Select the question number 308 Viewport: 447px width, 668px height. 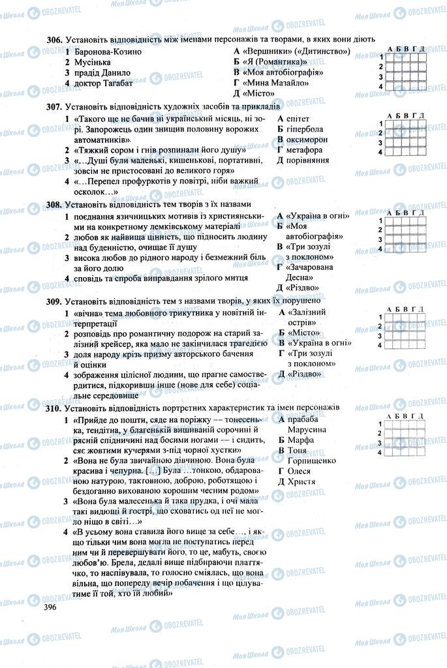coord(54,204)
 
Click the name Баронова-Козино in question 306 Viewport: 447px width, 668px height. coord(108,51)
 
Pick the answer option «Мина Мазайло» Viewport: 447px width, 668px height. coord(274,83)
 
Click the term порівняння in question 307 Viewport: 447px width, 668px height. coord(307,160)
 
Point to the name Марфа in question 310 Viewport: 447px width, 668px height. coord(301,440)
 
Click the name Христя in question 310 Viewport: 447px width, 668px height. coord(301,481)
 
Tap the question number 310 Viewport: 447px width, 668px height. coord(54,407)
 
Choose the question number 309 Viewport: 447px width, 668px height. coord(54,301)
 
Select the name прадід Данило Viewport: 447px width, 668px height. coord(102,72)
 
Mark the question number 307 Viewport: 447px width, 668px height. coord(54,106)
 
